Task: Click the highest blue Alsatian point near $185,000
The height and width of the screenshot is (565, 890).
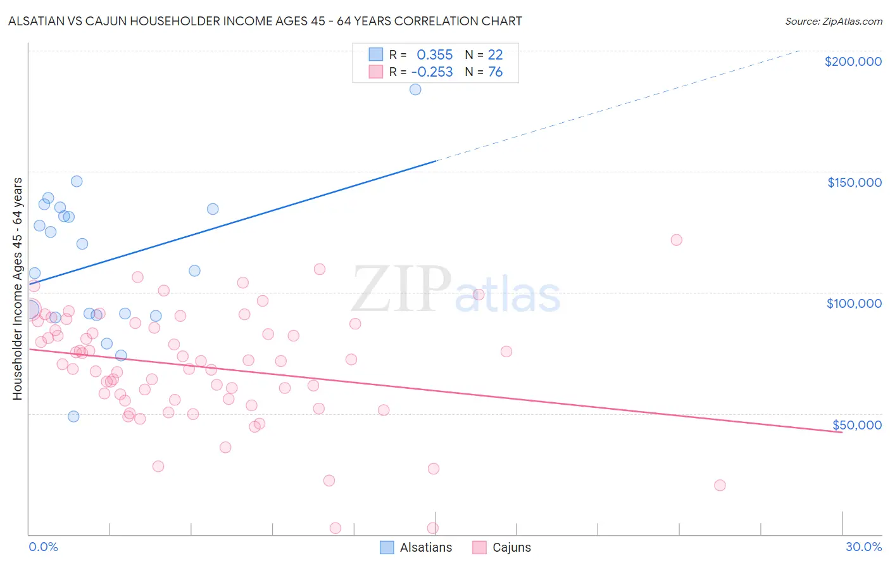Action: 415,89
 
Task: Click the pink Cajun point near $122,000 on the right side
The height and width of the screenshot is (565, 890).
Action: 676,240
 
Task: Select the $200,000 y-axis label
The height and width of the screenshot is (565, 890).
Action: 853,61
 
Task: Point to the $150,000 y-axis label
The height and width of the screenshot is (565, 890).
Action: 854,182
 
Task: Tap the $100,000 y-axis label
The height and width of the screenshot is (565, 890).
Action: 854,303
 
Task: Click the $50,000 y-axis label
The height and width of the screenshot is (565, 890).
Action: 856,425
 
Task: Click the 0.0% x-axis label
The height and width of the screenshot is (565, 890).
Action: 43,547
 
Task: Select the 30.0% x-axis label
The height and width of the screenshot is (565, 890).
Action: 863,547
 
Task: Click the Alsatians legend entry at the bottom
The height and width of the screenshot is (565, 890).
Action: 425,547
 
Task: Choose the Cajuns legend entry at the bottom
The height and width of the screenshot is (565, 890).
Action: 511,547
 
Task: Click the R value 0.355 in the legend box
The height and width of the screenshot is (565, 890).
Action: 434,54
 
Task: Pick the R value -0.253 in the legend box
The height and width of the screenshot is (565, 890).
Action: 432,72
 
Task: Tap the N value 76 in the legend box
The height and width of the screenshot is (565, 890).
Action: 495,72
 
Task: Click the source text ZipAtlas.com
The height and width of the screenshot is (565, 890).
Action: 833,21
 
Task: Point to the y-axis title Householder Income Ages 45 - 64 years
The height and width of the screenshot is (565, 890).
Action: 17,288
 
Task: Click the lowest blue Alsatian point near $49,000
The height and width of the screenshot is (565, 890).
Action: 73,416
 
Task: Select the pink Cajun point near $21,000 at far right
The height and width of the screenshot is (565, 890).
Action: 720,485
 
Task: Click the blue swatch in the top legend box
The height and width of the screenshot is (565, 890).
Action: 376,54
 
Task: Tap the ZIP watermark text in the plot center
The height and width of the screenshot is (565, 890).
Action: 401,290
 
